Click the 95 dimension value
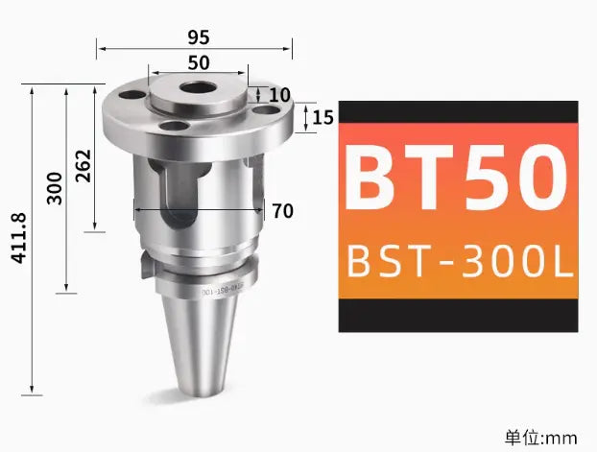(x=199, y=37)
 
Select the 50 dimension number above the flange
(x=199, y=62)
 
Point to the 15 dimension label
(x=322, y=118)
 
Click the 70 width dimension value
(x=282, y=211)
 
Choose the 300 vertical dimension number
(x=55, y=187)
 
